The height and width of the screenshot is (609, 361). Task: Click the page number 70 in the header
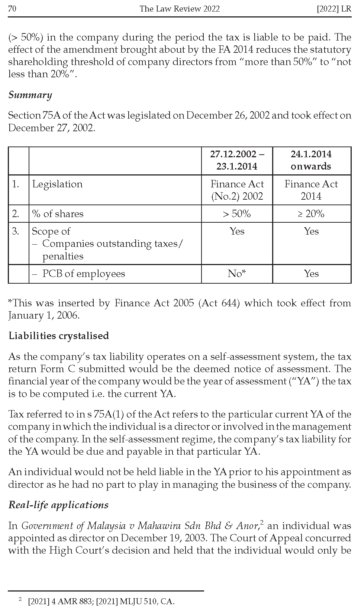[12, 9]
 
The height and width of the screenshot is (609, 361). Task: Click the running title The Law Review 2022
[180, 9]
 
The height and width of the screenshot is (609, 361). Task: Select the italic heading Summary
[30, 95]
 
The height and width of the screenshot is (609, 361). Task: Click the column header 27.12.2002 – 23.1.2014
[237, 160]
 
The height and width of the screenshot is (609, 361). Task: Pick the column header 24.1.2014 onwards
[311, 160]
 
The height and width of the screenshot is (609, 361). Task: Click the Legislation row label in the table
[57, 184]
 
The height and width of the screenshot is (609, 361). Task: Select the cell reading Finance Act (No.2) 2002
[237, 190]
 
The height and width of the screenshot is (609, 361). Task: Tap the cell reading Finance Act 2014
[311, 190]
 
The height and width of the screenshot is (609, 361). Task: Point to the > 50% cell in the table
[237, 214]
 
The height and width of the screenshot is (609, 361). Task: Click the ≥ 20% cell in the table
[311, 214]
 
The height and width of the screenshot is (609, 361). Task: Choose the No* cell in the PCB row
[237, 274]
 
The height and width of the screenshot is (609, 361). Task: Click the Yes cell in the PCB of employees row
[311, 274]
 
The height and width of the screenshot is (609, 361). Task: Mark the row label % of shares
[58, 214]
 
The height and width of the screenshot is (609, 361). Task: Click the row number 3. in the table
[16, 231]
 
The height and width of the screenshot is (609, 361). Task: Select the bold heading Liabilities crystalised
[59, 336]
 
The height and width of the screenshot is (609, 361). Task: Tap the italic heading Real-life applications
[58, 505]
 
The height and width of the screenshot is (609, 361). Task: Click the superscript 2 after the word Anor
[262, 523]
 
